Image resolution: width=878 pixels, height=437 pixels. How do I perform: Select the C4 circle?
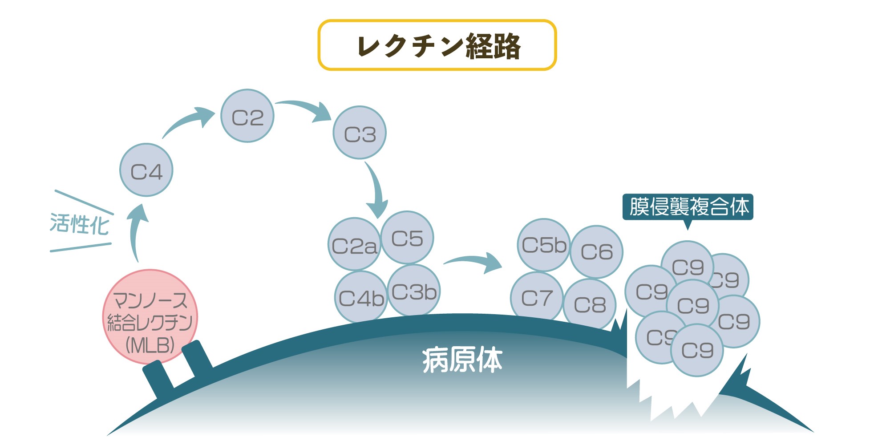pos(146,170)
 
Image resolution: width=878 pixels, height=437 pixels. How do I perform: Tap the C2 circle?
pos(247,116)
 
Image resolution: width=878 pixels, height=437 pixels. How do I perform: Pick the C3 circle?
pos(360,133)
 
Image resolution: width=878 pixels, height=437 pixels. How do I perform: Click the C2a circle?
pos(354,245)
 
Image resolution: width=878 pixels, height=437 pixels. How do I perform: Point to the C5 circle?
pos(407,238)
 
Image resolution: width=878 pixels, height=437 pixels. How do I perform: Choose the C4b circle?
pos(360,297)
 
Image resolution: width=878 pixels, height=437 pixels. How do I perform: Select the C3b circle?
pos(414,291)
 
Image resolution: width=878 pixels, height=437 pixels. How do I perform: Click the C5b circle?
pos(543,245)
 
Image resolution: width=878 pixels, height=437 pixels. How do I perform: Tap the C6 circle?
pos(596,252)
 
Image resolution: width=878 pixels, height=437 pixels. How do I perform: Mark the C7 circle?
pos(536,297)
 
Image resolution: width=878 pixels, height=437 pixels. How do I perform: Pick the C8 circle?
pos(590,305)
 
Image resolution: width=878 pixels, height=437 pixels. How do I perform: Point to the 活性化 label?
pos(79,223)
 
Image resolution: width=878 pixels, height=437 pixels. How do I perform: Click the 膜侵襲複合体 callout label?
pos(688,207)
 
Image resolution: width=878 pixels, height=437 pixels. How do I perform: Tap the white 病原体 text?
pos(462,360)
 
